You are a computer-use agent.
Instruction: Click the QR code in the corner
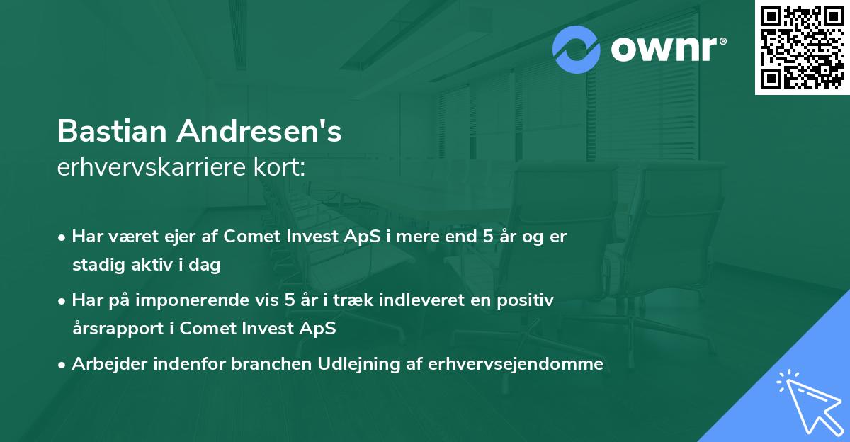coord(802,47)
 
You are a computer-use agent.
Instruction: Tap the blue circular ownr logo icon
coord(577,49)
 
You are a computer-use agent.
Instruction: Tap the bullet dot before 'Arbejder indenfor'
coord(63,365)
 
